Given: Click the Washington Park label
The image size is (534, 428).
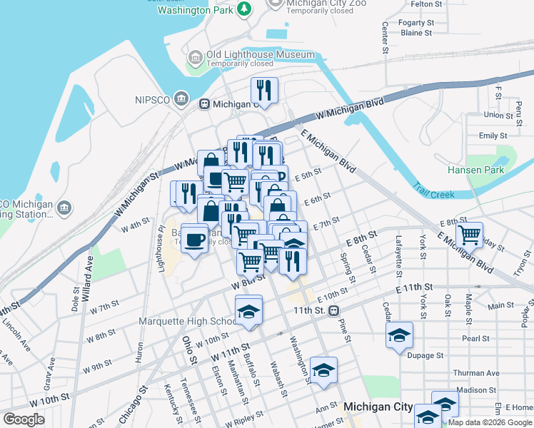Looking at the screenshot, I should [x=194, y=10].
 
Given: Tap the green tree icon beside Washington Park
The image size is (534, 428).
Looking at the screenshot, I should [x=245, y=8].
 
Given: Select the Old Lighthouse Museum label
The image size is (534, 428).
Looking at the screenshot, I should [x=260, y=55].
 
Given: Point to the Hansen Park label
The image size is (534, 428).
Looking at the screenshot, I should [x=475, y=170].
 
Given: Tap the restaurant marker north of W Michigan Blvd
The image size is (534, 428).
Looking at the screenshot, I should [x=264, y=91].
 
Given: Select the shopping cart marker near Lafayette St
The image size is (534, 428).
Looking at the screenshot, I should [x=469, y=234].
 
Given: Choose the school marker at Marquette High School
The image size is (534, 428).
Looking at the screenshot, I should [x=249, y=311].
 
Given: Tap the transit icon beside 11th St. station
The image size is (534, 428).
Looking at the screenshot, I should [x=333, y=311].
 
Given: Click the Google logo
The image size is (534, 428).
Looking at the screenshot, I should [x=24, y=419].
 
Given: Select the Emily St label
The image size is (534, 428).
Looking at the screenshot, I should [x=493, y=136].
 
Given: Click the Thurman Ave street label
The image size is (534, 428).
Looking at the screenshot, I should [x=475, y=373].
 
